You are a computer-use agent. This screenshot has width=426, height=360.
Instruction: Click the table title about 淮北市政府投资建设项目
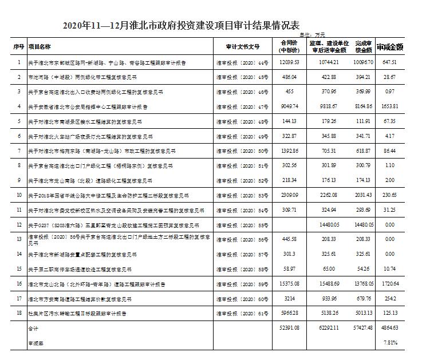(x=182, y=26)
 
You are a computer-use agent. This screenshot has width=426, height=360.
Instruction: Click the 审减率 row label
(x=35, y=343)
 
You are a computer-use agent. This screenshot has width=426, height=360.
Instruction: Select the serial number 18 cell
(x=18, y=313)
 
